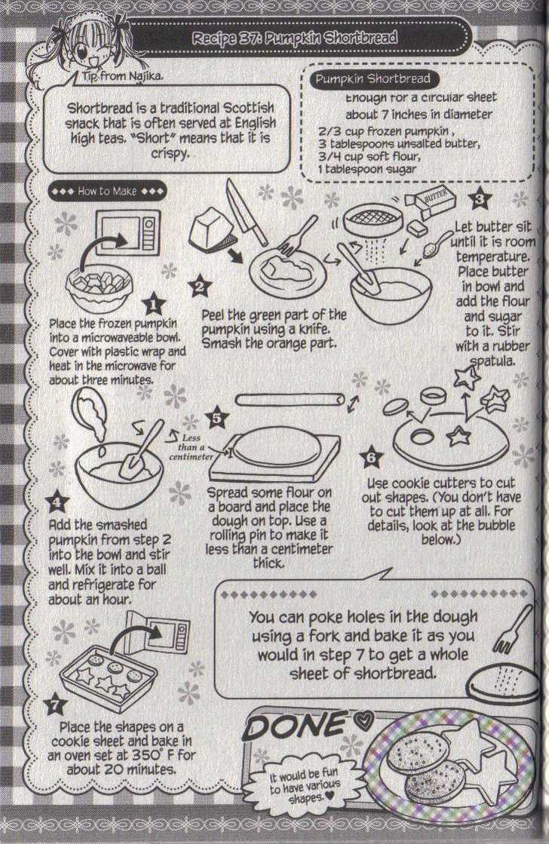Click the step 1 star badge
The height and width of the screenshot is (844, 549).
[x=153, y=303]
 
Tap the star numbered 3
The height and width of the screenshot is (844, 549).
[x=480, y=201]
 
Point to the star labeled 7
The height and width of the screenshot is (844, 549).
[x=55, y=706]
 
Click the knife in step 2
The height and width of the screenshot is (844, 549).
[x=246, y=212]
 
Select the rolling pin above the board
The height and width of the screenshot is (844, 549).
[x=290, y=398]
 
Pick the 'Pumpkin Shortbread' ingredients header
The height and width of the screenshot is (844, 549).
[x=373, y=79]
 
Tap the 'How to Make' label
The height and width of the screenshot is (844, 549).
[x=106, y=192]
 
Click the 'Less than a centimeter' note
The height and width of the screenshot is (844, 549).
[x=195, y=446]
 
